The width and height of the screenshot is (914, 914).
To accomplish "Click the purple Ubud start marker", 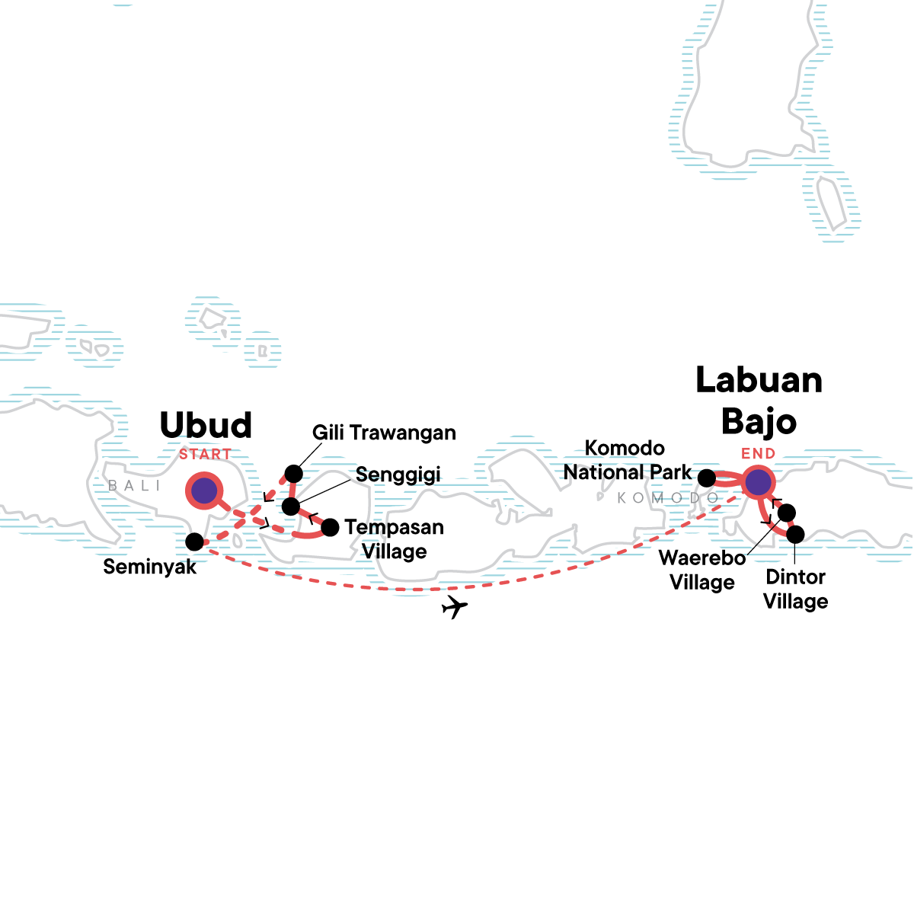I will (x=204, y=491).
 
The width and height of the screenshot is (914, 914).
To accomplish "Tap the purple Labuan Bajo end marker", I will (x=758, y=482).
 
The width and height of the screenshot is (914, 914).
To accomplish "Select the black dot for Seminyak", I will (x=194, y=542).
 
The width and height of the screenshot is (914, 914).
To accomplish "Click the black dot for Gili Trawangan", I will (x=293, y=474).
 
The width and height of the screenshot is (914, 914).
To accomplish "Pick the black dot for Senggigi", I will (x=291, y=507).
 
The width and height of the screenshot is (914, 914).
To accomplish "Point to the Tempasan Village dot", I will (x=331, y=527).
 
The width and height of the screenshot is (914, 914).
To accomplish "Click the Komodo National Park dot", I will (x=707, y=478).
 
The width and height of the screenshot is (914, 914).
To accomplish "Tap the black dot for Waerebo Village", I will (x=786, y=513).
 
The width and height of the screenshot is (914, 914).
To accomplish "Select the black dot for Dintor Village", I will (x=794, y=535).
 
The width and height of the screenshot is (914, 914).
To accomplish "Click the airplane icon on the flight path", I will (x=454, y=607).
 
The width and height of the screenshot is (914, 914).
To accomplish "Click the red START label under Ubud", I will (x=205, y=455).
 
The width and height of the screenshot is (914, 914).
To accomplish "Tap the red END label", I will (x=758, y=454).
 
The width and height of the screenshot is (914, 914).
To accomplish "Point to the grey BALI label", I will (x=134, y=486).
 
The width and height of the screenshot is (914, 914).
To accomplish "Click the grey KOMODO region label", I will (x=668, y=498).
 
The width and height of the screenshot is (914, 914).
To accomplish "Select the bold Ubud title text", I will (x=206, y=426).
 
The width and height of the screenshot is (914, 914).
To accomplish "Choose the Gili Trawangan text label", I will (x=384, y=433).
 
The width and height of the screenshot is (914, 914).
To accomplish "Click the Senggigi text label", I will (x=398, y=475).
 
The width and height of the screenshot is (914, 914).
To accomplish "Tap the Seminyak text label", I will (x=150, y=567).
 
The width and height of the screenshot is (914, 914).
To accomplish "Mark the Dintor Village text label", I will (x=795, y=589).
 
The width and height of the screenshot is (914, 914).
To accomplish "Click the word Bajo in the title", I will (x=759, y=421).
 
